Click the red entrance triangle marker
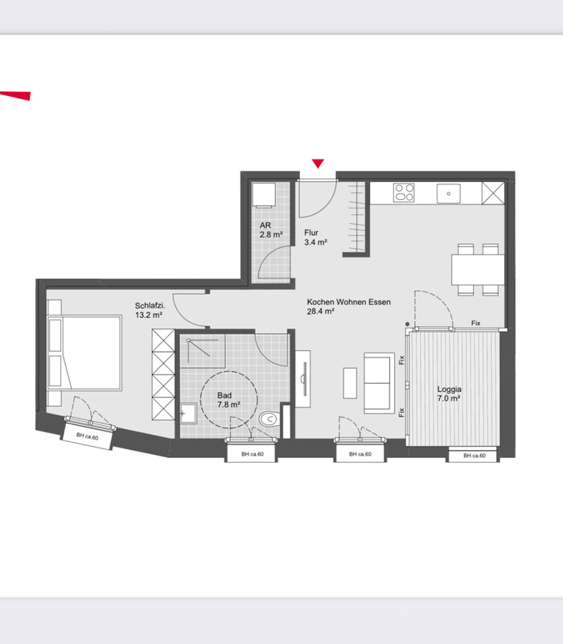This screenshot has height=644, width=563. [x=318, y=163]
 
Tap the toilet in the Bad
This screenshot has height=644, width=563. [x=269, y=419]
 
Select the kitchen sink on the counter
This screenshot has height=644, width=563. [x=449, y=193]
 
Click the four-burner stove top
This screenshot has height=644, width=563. [x=405, y=192]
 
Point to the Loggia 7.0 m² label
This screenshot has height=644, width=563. [x=449, y=394]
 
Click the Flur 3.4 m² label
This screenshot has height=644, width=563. [x=315, y=237]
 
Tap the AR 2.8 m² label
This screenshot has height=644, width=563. [x=271, y=230]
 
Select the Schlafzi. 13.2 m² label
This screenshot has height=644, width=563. [x=150, y=311]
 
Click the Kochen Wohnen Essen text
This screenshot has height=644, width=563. [x=349, y=302]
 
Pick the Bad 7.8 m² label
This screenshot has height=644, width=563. [x=228, y=399]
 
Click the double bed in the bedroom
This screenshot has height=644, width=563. [x=85, y=353]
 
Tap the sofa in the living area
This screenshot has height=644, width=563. [x=379, y=382]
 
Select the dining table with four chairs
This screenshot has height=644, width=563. [x=478, y=270]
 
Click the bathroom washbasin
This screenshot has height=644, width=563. [x=188, y=414]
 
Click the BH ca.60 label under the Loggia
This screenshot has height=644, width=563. [x=475, y=456]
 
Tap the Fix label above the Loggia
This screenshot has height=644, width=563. [x=475, y=324]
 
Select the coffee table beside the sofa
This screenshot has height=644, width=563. [x=350, y=383]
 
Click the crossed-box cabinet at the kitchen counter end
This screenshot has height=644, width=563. [x=493, y=192]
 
